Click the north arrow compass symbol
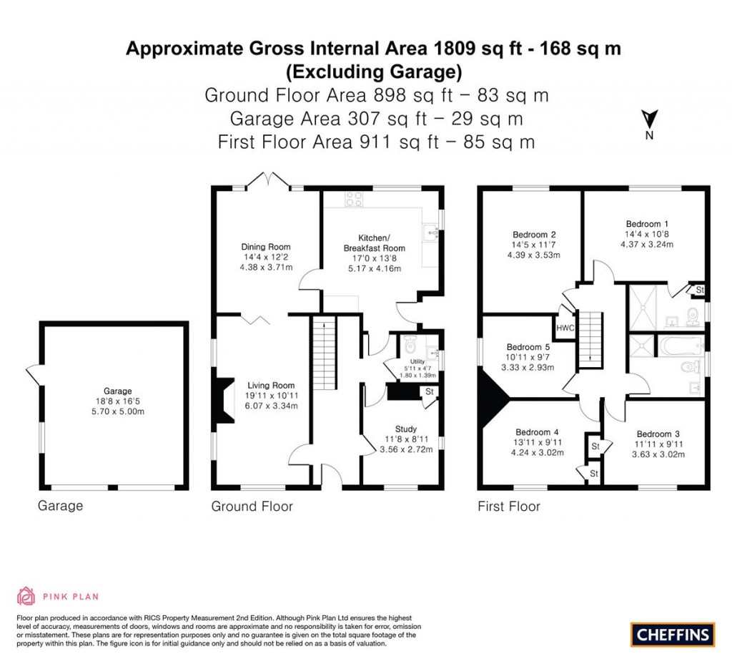click(x=648, y=121)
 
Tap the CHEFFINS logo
click(x=673, y=634)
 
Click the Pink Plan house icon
click(x=26, y=596)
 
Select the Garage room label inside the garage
click(x=117, y=391)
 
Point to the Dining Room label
click(x=266, y=247)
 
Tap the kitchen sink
click(x=432, y=231)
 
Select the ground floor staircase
click(x=324, y=355)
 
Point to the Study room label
click(x=405, y=429)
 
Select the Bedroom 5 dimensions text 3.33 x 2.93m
click(x=530, y=368)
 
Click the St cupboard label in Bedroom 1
click(x=699, y=290)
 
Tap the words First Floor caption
click(x=508, y=507)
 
